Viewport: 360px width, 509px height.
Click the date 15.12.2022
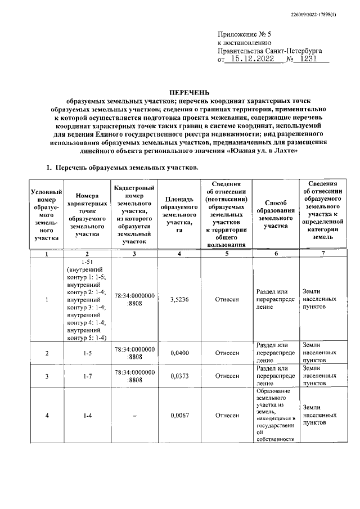(x=253, y=58)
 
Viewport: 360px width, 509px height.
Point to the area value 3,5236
(x=179, y=300)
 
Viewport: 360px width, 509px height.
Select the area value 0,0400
(x=179, y=353)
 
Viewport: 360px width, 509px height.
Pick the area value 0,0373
(x=179, y=376)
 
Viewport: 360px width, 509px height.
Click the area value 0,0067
(x=179, y=416)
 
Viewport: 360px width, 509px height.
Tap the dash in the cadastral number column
(x=134, y=416)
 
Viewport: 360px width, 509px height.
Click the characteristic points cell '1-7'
(x=87, y=376)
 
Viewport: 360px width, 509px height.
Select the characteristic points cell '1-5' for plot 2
(x=87, y=353)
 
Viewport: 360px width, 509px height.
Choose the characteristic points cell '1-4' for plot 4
(x=87, y=416)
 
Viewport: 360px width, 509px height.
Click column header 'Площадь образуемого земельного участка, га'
(x=179, y=214)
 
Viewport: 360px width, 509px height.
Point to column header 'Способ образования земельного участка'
(x=276, y=214)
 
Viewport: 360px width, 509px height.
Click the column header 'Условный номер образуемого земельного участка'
(x=47, y=214)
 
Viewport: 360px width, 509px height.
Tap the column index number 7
(x=323, y=254)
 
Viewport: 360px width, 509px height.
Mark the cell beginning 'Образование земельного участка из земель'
(x=276, y=415)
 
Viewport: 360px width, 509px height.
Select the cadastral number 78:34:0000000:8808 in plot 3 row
(x=134, y=376)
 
